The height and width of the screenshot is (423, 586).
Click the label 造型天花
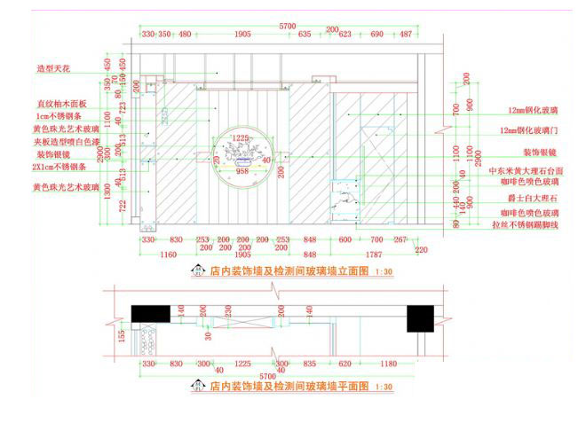52,67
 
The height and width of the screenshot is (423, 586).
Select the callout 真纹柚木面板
61,104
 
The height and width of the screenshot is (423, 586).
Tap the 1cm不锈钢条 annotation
59,116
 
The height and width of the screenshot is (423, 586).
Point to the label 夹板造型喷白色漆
67,140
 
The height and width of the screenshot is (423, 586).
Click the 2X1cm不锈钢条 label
61,166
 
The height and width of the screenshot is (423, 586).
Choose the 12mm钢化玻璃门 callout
532,129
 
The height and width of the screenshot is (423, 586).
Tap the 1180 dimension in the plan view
389,364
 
